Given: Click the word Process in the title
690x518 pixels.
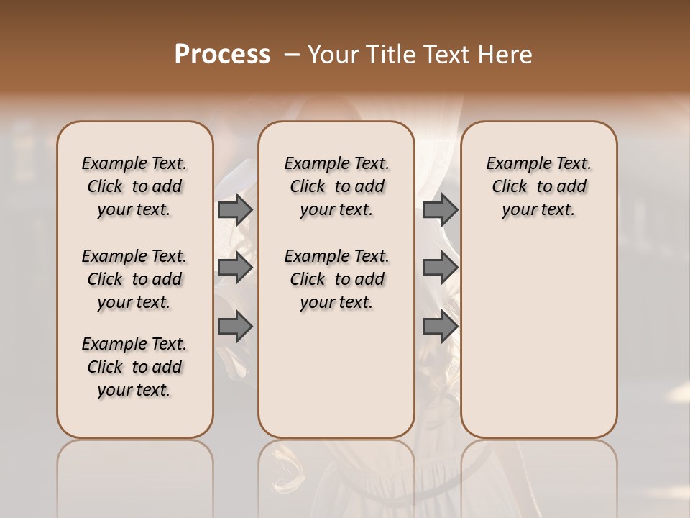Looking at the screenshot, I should tap(222, 55).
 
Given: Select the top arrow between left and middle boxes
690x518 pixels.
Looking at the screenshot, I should tap(235, 209).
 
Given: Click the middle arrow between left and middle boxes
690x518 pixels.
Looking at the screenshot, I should tap(235, 268).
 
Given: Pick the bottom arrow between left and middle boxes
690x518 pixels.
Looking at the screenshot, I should tap(235, 327).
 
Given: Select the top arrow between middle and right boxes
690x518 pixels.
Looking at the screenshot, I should tap(440, 209).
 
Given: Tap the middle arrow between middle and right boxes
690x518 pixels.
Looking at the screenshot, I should tap(440, 268).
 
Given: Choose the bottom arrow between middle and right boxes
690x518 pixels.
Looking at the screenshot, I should tap(440, 327).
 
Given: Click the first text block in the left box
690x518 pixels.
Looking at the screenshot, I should tap(134, 186).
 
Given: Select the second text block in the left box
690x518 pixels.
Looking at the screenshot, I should tap(134, 279).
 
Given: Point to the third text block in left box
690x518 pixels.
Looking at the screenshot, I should tap(134, 367).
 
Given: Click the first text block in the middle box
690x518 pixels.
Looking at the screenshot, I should tap(336, 186).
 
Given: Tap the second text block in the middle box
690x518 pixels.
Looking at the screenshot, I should tap(336, 279).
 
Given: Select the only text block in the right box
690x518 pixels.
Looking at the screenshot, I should tap(538, 186).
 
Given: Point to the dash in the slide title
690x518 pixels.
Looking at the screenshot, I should tap(292, 55).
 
